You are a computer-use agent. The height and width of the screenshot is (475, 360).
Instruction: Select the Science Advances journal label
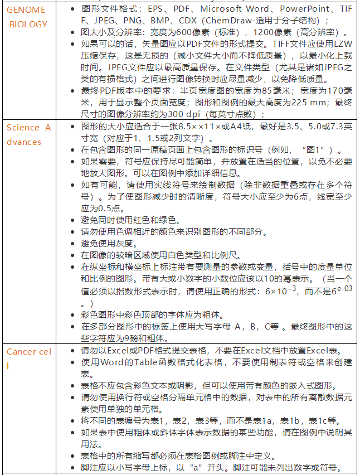coord(28,134)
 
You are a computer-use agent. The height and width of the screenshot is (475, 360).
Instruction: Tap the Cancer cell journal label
coord(28,358)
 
